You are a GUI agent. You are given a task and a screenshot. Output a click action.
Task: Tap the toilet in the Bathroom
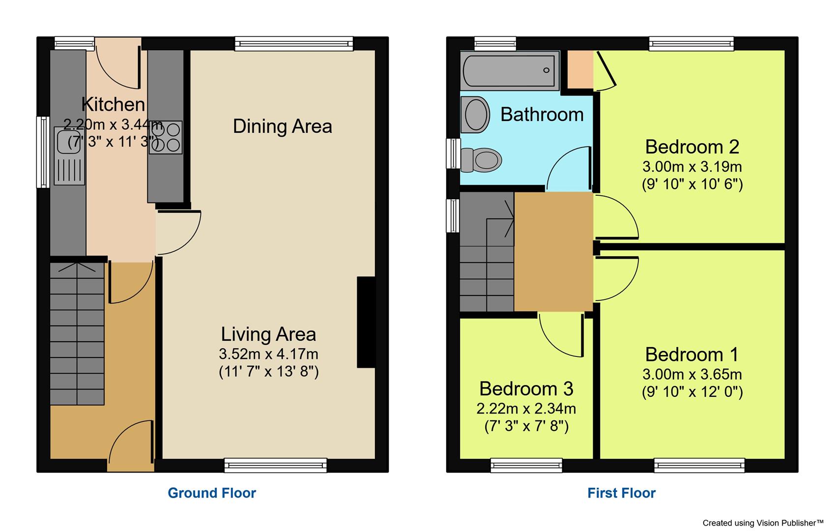(x=482, y=160)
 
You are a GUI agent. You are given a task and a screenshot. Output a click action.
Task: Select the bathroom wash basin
(x=475, y=115)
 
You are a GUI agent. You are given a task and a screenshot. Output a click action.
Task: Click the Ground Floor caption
(x=212, y=493)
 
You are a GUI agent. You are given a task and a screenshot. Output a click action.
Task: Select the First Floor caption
(x=621, y=493)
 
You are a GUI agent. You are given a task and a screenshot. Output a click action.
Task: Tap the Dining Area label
(x=282, y=126)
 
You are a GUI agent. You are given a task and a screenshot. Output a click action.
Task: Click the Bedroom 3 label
(x=526, y=389)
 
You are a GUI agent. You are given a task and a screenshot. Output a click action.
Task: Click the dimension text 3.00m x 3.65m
(x=691, y=375)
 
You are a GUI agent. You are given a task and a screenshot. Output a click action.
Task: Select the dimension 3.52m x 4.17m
(x=268, y=354)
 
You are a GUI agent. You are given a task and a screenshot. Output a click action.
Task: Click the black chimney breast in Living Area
(x=366, y=323)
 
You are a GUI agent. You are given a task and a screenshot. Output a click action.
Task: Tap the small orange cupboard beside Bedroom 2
(x=580, y=69)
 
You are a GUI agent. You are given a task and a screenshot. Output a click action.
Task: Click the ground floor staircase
(x=77, y=334)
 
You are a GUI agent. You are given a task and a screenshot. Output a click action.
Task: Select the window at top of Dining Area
(x=293, y=44)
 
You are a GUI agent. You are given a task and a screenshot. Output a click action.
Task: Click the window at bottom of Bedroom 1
(x=699, y=465)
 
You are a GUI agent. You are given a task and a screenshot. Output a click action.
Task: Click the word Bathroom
(x=542, y=115)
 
